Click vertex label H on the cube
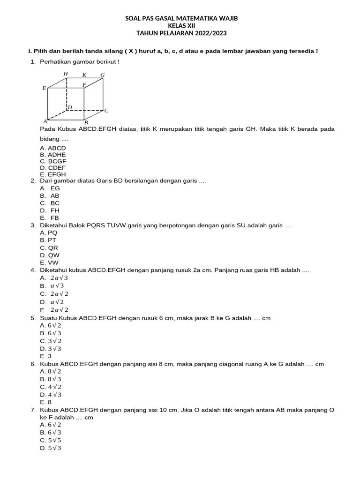66,74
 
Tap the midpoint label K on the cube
84,75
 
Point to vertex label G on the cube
103,75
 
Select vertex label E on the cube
44,88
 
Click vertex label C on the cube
106,111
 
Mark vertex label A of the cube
45,121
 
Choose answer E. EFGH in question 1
53,174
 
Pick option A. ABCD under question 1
53,148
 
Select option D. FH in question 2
50,210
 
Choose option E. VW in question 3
50,262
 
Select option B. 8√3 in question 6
51,379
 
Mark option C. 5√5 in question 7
51,440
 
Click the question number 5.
33,318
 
